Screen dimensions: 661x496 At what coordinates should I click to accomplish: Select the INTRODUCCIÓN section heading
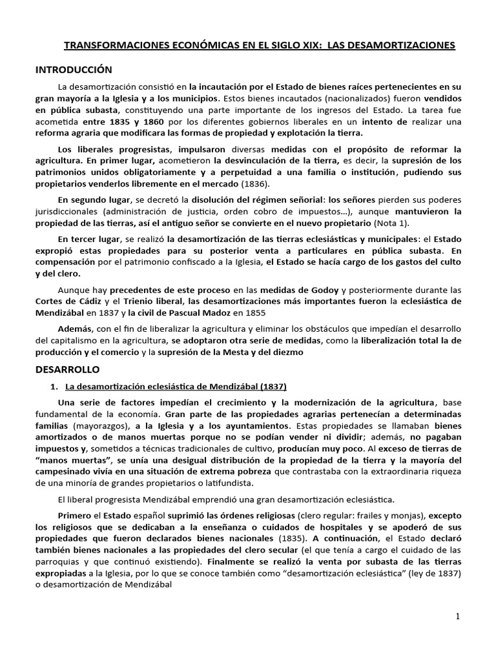(74, 70)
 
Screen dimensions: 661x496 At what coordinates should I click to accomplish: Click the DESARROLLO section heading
(67, 370)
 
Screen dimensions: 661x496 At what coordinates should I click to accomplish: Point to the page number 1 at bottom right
(457, 616)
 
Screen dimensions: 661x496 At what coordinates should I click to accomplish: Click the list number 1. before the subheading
(54, 386)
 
